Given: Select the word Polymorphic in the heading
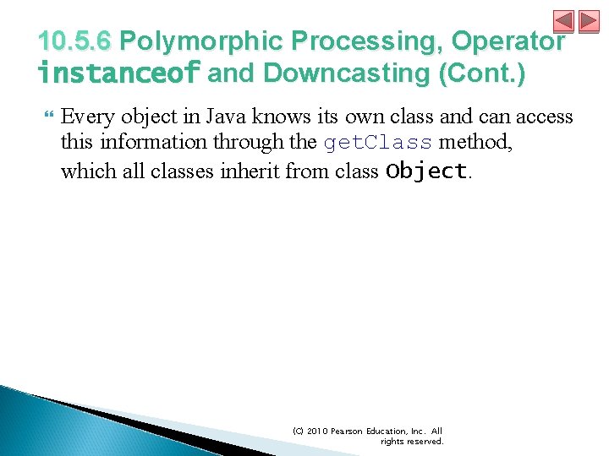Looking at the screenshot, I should point(200,41).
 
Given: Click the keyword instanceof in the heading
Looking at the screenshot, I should point(118,73).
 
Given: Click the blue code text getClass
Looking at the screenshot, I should point(378,144).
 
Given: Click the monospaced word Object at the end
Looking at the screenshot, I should point(425,171).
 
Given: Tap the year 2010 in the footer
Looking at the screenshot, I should point(320,431).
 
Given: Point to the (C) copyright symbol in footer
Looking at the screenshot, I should point(298,431).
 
